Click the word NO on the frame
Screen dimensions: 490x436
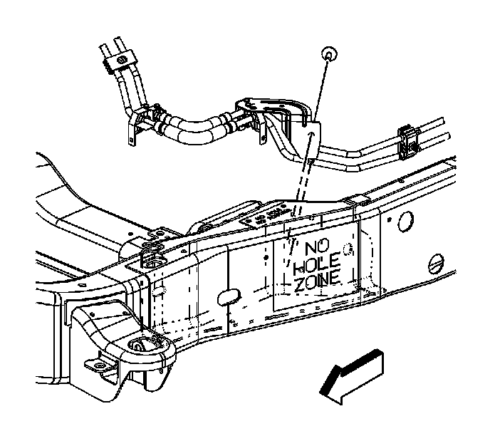click(x=314, y=249)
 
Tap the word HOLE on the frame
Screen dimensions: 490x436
click(x=318, y=267)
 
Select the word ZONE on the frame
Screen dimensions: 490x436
click(x=317, y=285)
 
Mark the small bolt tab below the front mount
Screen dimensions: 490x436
click(x=95, y=367)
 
